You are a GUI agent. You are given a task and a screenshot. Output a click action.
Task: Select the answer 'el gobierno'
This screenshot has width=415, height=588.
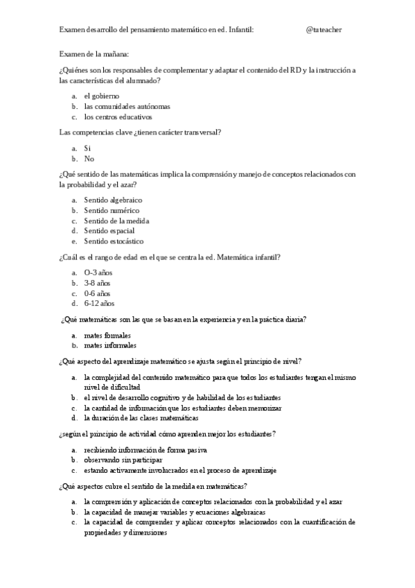pos(101,96)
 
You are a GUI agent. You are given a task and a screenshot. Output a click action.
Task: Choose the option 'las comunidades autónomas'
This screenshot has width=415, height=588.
pos(127,106)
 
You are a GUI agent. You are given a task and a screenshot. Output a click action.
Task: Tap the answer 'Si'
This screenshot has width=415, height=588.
pos(87,148)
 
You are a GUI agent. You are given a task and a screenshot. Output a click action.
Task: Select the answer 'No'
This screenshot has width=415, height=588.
pos(89,158)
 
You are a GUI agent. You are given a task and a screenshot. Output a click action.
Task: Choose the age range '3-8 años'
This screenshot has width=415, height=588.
pos(97,283)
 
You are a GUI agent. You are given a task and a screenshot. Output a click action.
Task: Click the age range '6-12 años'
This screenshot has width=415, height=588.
pos(99,303)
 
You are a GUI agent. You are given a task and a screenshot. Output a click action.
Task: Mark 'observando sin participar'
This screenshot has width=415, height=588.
pos(123,459)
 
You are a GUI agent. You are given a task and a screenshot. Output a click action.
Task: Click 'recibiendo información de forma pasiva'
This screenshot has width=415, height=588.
pos(143,449)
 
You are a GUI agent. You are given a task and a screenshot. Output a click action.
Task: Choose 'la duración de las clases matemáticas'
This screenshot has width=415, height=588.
pos(141,418)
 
